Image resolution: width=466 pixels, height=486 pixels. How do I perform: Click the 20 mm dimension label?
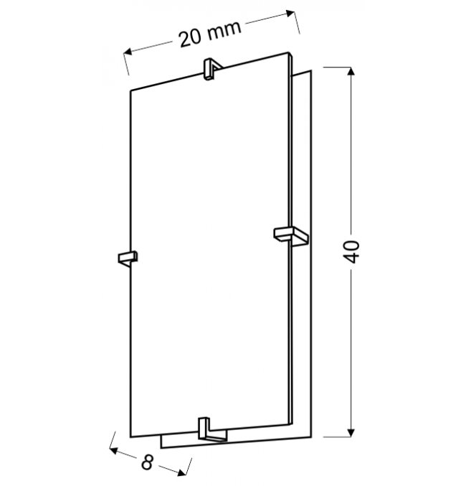(210, 34)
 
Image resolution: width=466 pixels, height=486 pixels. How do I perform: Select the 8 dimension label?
(148, 462)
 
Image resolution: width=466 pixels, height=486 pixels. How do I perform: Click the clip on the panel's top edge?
(211, 70)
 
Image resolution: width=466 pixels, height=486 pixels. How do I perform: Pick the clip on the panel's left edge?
(128, 258)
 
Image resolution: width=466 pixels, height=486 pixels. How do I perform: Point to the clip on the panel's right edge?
(291, 236)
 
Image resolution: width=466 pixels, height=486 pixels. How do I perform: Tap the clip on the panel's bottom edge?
(212, 429)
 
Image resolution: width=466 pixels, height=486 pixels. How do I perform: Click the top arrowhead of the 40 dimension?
(351, 72)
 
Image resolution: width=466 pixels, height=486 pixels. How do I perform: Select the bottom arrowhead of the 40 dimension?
(351, 432)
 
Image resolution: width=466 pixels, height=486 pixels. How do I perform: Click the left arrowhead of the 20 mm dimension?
(128, 52)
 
